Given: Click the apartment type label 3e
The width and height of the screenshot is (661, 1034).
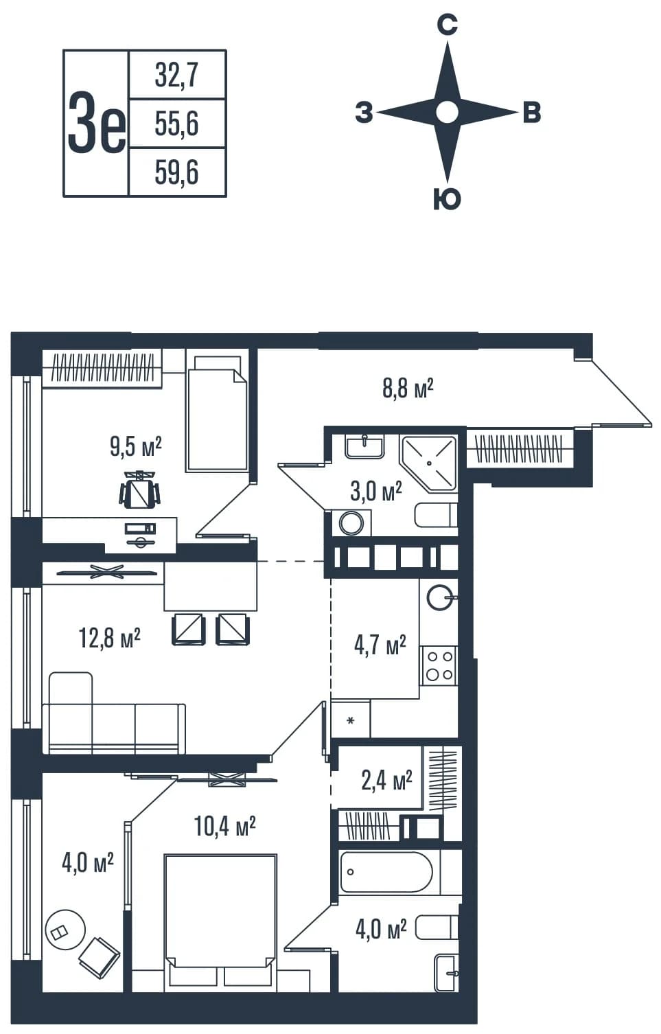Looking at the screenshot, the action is [x=97, y=123].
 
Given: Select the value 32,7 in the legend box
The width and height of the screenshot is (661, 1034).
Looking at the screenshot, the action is [x=176, y=76].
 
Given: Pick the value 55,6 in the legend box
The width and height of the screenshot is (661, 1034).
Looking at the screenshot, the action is [x=176, y=124].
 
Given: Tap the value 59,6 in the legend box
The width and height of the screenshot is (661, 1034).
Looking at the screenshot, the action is [x=176, y=172].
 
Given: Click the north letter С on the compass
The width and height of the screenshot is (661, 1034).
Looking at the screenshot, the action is [x=447, y=25].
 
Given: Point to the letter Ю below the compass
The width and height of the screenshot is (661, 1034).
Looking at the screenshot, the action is [x=447, y=199].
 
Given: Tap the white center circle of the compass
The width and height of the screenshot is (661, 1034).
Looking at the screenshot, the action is [x=447, y=112].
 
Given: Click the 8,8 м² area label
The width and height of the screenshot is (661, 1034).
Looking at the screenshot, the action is [x=408, y=388].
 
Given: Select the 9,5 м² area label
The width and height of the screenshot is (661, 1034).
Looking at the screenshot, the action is [x=136, y=447].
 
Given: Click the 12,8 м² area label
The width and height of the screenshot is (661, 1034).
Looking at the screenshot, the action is [x=109, y=639].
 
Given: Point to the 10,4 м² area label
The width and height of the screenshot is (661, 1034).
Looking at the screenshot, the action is [x=225, y=826].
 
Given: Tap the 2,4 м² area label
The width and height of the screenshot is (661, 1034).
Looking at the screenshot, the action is [x=386, y=780].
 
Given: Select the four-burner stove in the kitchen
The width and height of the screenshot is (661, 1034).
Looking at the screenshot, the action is [x=439, y=665].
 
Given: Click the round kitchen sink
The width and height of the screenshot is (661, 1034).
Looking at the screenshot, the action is [x=440, y=598].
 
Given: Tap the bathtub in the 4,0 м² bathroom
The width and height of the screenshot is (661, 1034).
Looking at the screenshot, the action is [x=386, y=872].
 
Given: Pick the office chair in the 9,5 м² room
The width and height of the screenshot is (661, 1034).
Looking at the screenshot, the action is [x=140, y=490].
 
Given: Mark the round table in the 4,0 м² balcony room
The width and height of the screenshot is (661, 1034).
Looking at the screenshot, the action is [x=65, y=930].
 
